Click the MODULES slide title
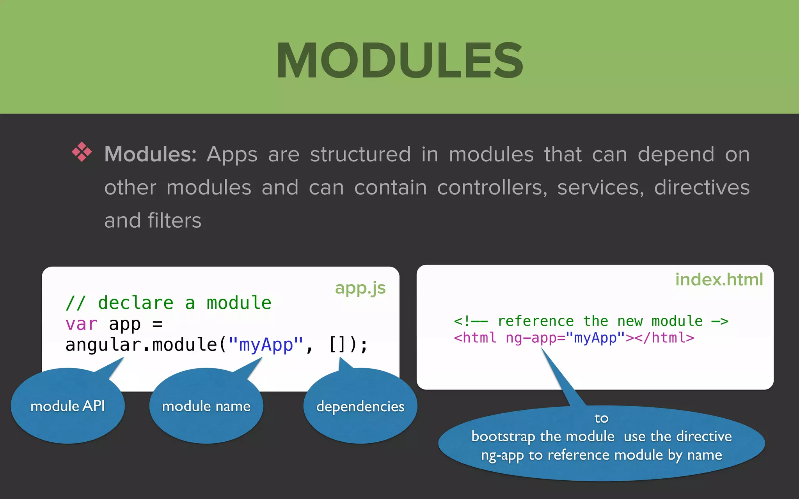(x=399, y=61)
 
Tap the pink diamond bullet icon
(x=82, y=152)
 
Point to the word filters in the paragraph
(x=174, y=221)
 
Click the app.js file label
(x=360, y=288)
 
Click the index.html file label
(x=719, y=280)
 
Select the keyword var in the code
(x=81, y=324)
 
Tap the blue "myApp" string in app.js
(x=266, y=345)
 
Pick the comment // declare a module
(x=169, y=303)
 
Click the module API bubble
(x=68, y=406)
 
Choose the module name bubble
(x=206, y=406)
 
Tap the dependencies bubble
(x=360, y=407)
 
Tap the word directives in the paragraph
(x=701, y=188)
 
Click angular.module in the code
(x=141, y=345)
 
